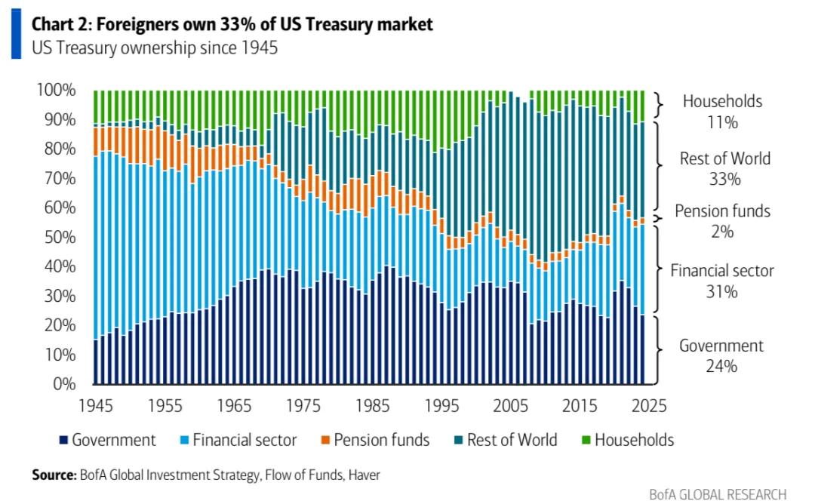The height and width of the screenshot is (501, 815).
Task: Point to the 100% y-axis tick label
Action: pos(56,90)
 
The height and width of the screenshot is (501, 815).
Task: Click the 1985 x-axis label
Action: pos(371,405)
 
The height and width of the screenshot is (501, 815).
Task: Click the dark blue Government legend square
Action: pos(63,440)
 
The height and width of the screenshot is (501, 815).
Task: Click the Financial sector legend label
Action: pos(244,440)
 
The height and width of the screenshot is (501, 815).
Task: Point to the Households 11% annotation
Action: pos(722,111)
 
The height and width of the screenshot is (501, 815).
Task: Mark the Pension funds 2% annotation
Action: pos(722,221)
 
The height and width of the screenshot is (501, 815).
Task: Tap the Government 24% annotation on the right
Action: pos(721,355)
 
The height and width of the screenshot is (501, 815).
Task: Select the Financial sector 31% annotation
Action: pos(722,280)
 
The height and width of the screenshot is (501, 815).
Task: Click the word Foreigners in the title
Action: pos(128,24)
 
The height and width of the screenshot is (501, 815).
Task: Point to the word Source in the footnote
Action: pos(54,475)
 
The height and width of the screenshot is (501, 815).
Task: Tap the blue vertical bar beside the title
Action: pos(16,35)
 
